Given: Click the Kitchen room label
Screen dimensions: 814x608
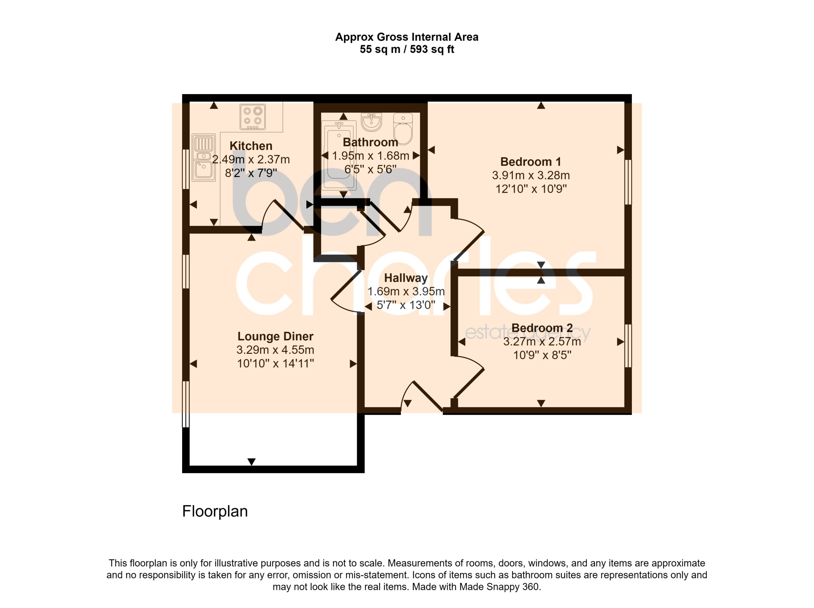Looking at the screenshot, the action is (251, 146).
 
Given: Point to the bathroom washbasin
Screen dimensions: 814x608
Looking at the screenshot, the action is (372, 122).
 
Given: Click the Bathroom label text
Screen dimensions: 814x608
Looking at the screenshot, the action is (370, 142).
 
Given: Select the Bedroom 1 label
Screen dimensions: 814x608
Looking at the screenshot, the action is (531, 162).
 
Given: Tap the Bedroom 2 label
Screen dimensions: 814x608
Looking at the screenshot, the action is (542, 328).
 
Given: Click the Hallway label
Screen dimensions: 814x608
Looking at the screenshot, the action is (406, 278).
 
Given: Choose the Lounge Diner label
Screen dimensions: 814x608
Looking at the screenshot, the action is (275, 336).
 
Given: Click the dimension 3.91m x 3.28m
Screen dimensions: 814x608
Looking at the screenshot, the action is (531, 175).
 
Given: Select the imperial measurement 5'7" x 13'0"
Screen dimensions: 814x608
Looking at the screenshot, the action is (406, 305).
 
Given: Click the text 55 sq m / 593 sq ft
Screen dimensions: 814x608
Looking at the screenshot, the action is (407, 49).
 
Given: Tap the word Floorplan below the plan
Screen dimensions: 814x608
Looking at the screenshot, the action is (215, 511).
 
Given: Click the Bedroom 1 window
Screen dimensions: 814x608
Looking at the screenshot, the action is (628, 182).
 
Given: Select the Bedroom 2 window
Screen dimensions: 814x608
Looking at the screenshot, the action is (628, 346).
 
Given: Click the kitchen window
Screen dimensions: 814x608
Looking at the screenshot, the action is (186, 169).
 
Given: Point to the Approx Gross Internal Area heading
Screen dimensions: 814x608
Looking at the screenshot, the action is (407, 37).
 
